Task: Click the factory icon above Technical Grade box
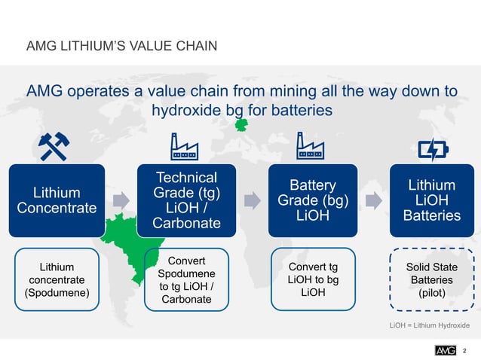tap(184, 145)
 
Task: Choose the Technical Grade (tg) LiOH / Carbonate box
tap(185, 200)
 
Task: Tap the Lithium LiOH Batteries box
tap(431, 200)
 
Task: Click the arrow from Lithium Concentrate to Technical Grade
tap(120, 200)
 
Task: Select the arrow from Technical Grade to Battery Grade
tap(247, 200)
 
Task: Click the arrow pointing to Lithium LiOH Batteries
tap(371, 200)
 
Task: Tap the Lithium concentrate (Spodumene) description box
tap(57, 279)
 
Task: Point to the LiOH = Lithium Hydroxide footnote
tap(429, 325)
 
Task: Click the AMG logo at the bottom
tap(446, 349)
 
